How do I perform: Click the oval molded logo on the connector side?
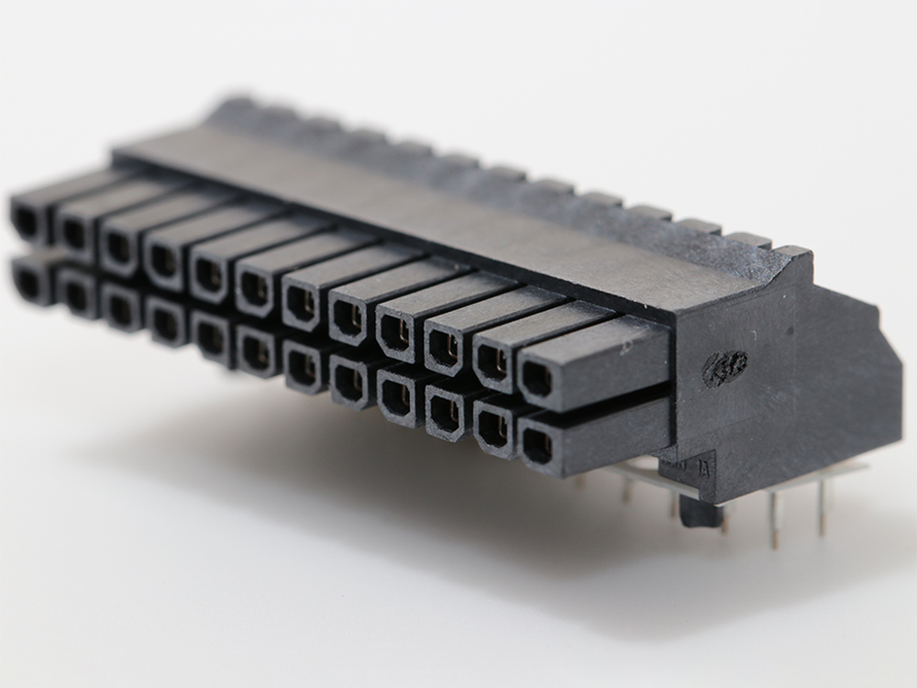coord(725,368)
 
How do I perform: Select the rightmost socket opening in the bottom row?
coord(537,447)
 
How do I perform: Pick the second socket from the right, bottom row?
coord(494,427)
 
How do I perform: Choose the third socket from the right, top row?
coord(444,348)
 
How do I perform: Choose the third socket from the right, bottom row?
coord(446,412)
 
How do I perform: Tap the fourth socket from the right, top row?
coord(396,332)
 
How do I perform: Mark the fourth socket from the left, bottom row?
coord(165,323)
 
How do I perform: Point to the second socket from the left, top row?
coord(73,235)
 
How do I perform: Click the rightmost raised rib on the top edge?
coord(791,251)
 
